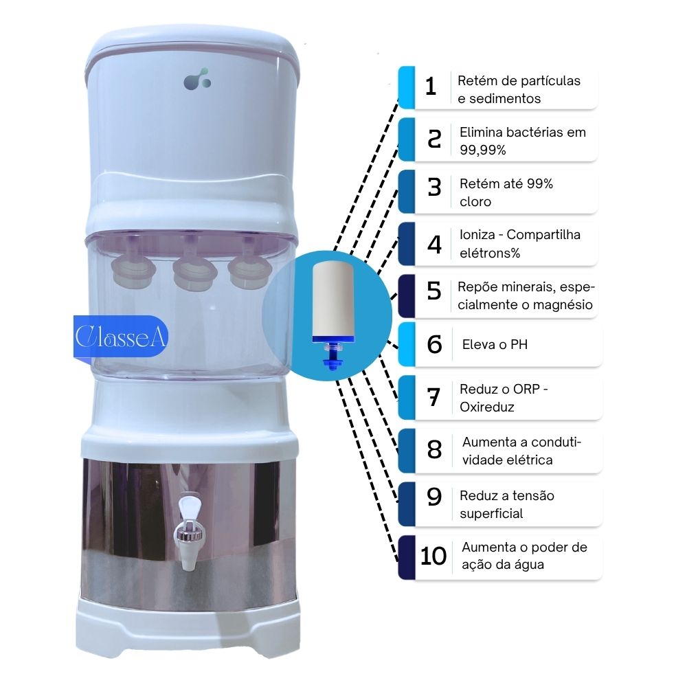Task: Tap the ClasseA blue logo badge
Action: (121, 338)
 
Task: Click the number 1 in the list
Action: (431, 88)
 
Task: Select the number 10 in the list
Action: (433, 556)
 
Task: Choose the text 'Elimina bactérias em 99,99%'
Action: (522, 141)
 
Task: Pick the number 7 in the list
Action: (433, 398)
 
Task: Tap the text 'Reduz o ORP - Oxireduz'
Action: (504, 398)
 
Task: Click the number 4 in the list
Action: (434, 245)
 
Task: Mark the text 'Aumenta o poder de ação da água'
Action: (524, 556)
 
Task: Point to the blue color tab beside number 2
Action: (407, 140)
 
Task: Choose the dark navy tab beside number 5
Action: (407, 295)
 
